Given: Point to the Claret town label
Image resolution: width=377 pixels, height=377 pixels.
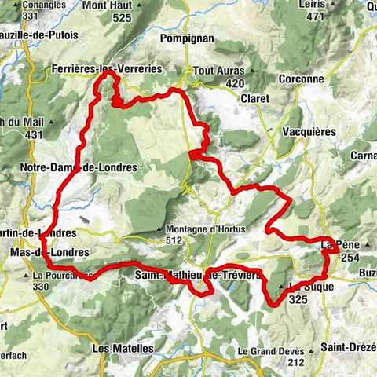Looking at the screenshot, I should click(x=254, y=99).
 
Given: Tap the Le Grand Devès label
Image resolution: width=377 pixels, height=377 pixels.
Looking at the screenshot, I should click(x=271, y=350).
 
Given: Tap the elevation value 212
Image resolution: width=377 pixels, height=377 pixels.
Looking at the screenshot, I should click(x=296, y=362).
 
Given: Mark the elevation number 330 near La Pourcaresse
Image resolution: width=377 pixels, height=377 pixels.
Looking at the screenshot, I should click(x=41, y=287).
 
